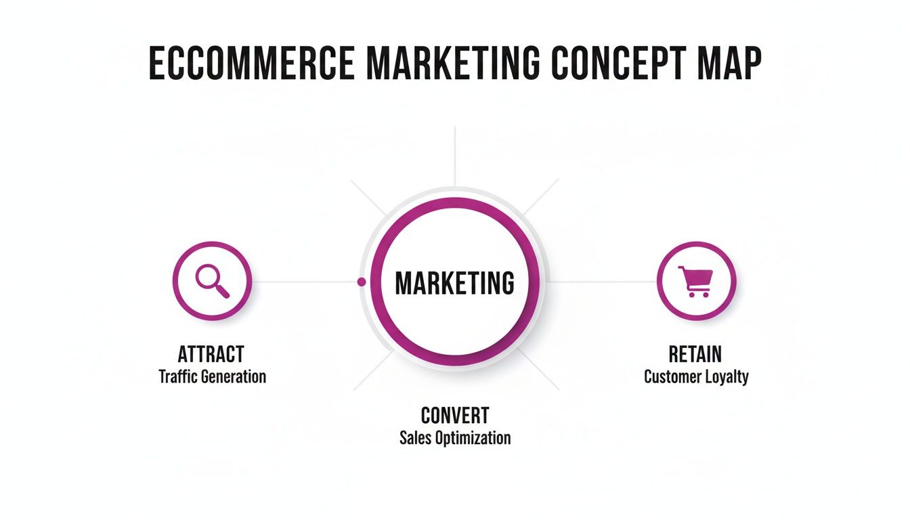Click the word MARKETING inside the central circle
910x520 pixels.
coord(454,283)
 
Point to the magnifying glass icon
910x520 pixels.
coord(212,280)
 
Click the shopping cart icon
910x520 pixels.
coord(696,280)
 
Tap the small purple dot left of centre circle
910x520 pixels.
coord(362,281)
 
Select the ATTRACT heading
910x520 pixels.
coord(211,353)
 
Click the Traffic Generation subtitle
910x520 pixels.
coord(212,376)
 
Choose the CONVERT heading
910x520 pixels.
coord(455,415)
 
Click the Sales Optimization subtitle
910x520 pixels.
coord(455,437)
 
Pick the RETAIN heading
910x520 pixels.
coord(695,353)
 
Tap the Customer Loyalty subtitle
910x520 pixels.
coord(696,376)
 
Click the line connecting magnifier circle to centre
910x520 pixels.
coord(305,281)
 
